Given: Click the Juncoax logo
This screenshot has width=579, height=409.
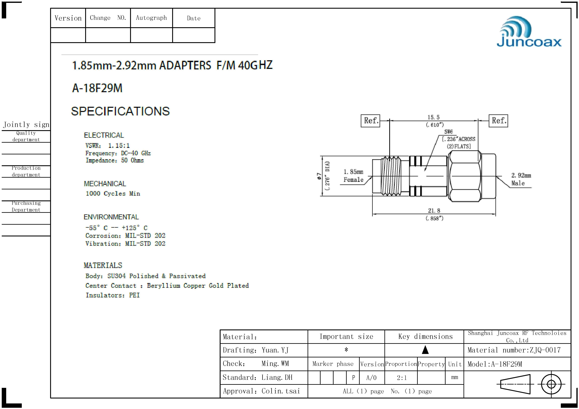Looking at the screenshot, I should click(529, 32).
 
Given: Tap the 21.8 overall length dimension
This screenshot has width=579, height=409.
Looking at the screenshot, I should click(434, 210).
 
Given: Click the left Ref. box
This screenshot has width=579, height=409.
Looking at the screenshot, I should click(370, 121).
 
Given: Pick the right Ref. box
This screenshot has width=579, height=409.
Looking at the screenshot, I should click(498, 121).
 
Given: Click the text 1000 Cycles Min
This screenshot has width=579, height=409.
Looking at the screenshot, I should click(113, 193).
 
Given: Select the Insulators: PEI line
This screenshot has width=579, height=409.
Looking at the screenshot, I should click(113, 295).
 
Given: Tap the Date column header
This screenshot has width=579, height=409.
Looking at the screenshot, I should click(193, 18).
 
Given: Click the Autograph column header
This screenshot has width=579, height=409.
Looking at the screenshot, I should click(151, 18).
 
